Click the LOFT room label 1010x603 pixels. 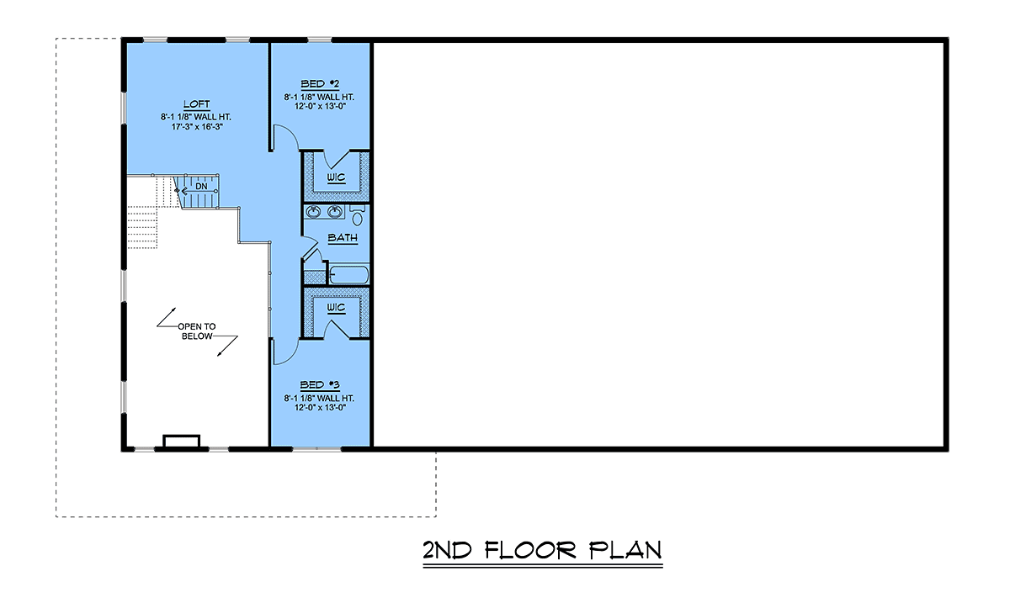pyautogui.click(x=197, y=104)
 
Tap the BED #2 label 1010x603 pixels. pyautogui.click(x=320, y=84)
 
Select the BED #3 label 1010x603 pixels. pyautogui.click(x=320, y=385)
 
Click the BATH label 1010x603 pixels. pyautogui.click(x=343, y=237)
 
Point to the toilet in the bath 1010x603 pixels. pyautogui.click(x=357, y=215)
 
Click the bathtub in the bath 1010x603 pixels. pyautogui.click(x=349, y=275)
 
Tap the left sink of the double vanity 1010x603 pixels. pyautogui.click(x=313, y=211)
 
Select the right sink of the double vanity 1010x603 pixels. pyautogui.click(x=335, y=211)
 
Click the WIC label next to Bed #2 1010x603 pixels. pyautogui.click(x=336, y=177)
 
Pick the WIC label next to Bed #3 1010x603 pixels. pyautogui.click(x=336, y=308)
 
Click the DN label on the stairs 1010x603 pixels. pyautogui.click(x=201, y=186)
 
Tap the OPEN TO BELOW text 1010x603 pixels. pyautogui.click(x=197, y=331)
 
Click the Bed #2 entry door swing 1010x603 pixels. pyautogui.click(x=286, y=137)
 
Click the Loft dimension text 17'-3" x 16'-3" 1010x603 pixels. pyautogui.click(x=197, y=127)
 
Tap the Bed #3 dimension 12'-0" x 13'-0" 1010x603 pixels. pyautogui.click(x=320, y=408)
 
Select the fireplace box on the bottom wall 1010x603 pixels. pyautogui.click(x=181, y=442)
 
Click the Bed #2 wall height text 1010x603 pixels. pyautogui.click(x=319, y=97)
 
